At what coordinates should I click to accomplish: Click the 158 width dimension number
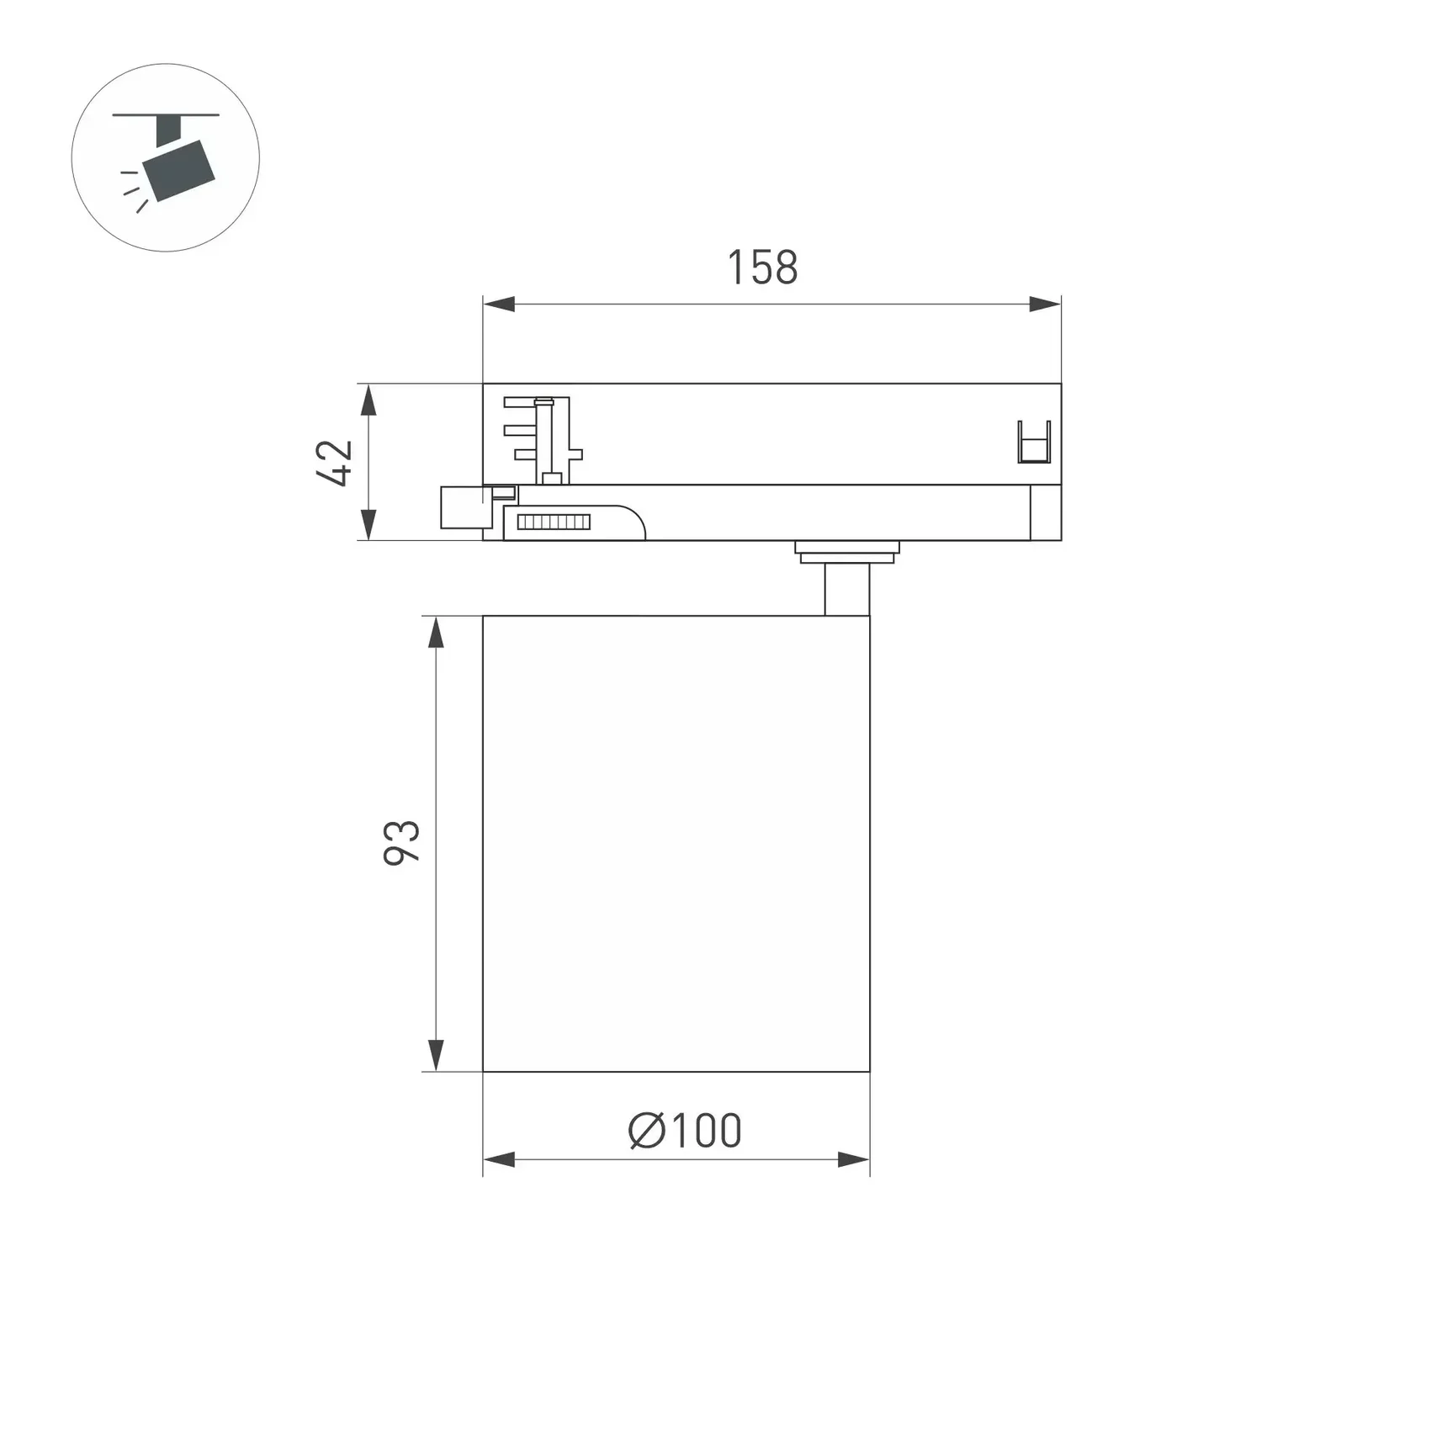pos(761,268)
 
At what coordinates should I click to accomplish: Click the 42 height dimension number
pos(334,462)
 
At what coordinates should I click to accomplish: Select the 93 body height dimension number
pos(401,842)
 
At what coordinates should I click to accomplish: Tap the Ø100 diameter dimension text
pos(686,1131)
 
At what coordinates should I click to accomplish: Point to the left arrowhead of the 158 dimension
pos(499,304)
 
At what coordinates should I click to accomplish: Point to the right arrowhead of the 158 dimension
pos(1045,304)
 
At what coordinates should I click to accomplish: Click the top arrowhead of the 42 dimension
pos(368,400)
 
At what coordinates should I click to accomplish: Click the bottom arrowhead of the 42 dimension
pos(368,524)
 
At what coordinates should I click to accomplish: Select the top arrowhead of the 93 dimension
pos(436,632)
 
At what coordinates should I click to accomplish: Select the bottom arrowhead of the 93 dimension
pos(436,1054)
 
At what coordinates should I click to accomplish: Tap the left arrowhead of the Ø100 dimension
pos(499,1159)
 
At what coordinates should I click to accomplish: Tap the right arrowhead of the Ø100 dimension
pos(853,1159)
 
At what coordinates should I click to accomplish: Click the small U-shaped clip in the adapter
pos(1034,442)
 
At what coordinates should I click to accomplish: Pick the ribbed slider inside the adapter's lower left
pos(554,522)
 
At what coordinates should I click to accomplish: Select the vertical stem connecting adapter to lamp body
pos(846,589)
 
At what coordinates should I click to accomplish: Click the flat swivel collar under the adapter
pos(846,552)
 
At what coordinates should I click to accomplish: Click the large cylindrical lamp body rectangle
pos(676,843)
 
